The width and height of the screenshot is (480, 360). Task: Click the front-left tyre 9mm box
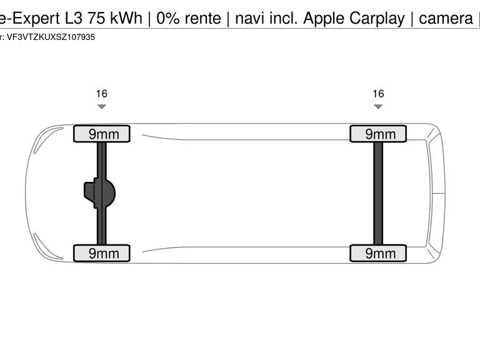(x=102, y=134)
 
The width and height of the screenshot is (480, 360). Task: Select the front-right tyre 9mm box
(x=102, y=253)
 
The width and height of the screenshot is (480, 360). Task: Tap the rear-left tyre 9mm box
(x=377, y=134)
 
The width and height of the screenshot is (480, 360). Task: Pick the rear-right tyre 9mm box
(x=377, y=253)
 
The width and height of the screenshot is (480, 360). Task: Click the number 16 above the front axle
(x=101, y=94)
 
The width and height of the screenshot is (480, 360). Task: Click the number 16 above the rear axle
(x=378, y=94)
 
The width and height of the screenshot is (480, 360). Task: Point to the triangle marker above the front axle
(x=101, y=107)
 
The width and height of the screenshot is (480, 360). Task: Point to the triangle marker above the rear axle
(x=378, y=107)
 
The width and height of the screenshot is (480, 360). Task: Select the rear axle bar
(x=378, y=193)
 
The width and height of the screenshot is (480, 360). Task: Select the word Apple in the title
(x=324, y=19)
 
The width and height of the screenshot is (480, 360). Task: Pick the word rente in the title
(x=202, y=18)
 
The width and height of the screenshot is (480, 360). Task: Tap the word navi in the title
(x=250, y=18)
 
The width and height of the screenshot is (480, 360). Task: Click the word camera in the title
(x=446, y=18)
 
